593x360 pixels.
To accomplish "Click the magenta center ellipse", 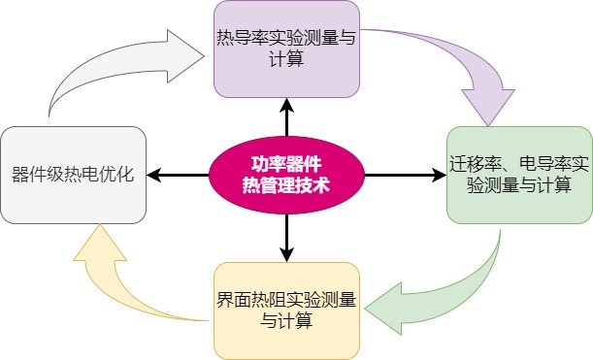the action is pyautogui.click(x=286, y=175).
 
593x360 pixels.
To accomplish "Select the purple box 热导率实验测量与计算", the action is pyautogui.click(x=286, y=49).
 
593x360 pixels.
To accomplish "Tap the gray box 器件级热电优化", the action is pyautogui.click(x=74, y=175).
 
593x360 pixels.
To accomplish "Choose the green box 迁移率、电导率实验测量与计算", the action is pyautogui.click(x=519, y=175).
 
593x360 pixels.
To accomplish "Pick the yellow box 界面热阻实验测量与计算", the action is pyautogui.click(x=286, y=311).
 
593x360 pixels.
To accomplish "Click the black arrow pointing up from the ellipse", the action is pyautogui.click(x=286, y=117).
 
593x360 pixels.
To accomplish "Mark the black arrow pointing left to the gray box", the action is pyautogui.click(x=178, y=175).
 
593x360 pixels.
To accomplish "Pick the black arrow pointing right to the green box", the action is pyautogui.click(x=406, y=175).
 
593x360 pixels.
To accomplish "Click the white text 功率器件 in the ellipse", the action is pyautogui.click(x=286, y=165).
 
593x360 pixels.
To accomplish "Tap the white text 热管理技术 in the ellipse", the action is pyautogui.click(x=286, y=185).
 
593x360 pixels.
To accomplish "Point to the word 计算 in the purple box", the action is pyautogui.click(x=286, y=59).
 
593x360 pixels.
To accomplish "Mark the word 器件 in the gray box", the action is pyautogui.click(x=29, y=175).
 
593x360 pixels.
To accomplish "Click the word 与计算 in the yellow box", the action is pyautogui.click(x=286, y=321).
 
